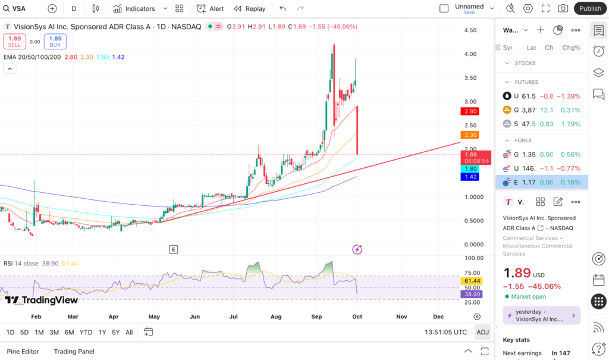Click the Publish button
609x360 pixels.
(590, 8)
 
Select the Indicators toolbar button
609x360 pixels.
(134, 8)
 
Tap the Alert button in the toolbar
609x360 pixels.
(211, 8)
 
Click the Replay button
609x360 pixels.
(250, 8)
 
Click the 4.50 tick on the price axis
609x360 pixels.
(470, 30)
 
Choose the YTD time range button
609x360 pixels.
(86, 332)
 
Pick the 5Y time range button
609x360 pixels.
(115, 332)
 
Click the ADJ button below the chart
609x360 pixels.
(481, 332)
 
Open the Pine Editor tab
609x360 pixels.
(23, 351)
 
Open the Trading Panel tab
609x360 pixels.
(74, 351)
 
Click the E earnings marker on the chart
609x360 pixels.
(174, 249)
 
